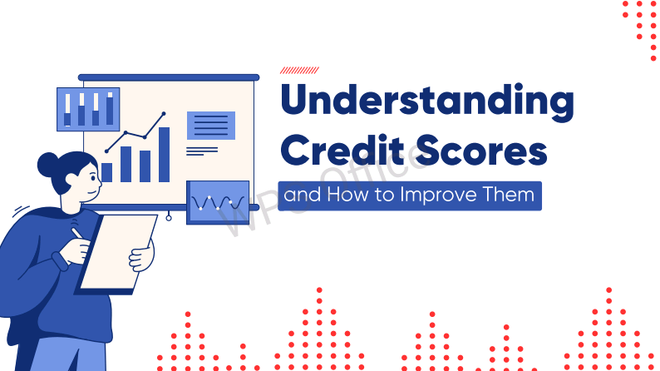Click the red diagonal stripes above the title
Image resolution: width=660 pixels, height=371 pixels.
pyautogui.click(x=298, y=72)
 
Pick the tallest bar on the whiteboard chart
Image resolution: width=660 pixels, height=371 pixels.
pyautogui.click(x=165, y=155)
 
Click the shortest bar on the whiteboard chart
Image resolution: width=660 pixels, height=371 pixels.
pyautogui.click(x=107, y=172)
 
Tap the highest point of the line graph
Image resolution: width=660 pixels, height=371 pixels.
pyautogui.click(x=164, y=113)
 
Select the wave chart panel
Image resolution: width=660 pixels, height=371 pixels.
pyautogui.click(x=218, y=201)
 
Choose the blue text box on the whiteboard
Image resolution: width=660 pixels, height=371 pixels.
pyautogui.click(x=210, y=126)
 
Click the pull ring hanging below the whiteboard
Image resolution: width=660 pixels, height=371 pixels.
pyautogui.click(x=169, y=219)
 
